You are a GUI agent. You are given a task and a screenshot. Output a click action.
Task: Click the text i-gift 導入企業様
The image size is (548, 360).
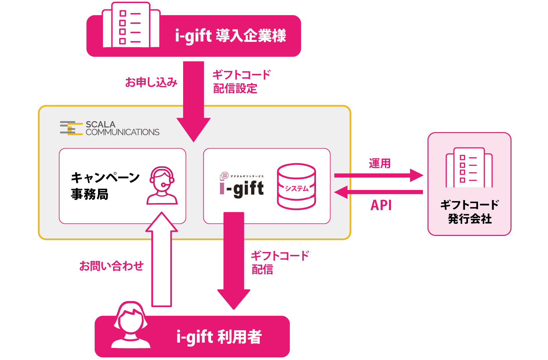click(230, 36)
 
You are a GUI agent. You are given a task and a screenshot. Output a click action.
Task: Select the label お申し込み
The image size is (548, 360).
click(151, 82)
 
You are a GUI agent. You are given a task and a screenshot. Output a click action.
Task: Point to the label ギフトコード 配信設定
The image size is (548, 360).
click(241, 82)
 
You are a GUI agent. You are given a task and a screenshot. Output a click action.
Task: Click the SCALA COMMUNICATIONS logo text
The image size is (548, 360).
click(122, 128)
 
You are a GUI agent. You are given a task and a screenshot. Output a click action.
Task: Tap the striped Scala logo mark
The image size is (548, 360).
click(71, 128)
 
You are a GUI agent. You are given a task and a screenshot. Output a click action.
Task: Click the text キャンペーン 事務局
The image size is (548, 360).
click(105, 186)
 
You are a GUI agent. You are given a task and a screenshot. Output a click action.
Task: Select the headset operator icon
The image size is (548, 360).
click(162, 186)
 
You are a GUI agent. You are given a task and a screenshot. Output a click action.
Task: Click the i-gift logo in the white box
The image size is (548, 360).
click(242, 186)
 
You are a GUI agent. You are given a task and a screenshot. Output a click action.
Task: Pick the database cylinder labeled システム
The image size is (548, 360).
click(296, 186)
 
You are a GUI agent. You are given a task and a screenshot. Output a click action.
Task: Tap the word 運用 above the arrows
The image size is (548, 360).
click(380, 163)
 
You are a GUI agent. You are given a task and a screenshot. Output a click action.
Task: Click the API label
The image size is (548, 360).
click(381, 205)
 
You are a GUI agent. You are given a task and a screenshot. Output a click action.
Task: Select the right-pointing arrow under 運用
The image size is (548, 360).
click(379, 175)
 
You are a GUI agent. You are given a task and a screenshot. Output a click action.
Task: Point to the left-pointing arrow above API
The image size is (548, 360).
click(379, 192)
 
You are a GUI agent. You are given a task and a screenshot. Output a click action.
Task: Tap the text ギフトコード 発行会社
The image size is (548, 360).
click(469, 212)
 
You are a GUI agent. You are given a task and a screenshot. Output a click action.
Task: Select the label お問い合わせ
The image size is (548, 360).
click(111, 266)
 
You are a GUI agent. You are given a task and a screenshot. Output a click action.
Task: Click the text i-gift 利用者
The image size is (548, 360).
click(219, 337)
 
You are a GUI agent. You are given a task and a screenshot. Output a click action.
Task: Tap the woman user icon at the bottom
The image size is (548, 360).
click(131, 325)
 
